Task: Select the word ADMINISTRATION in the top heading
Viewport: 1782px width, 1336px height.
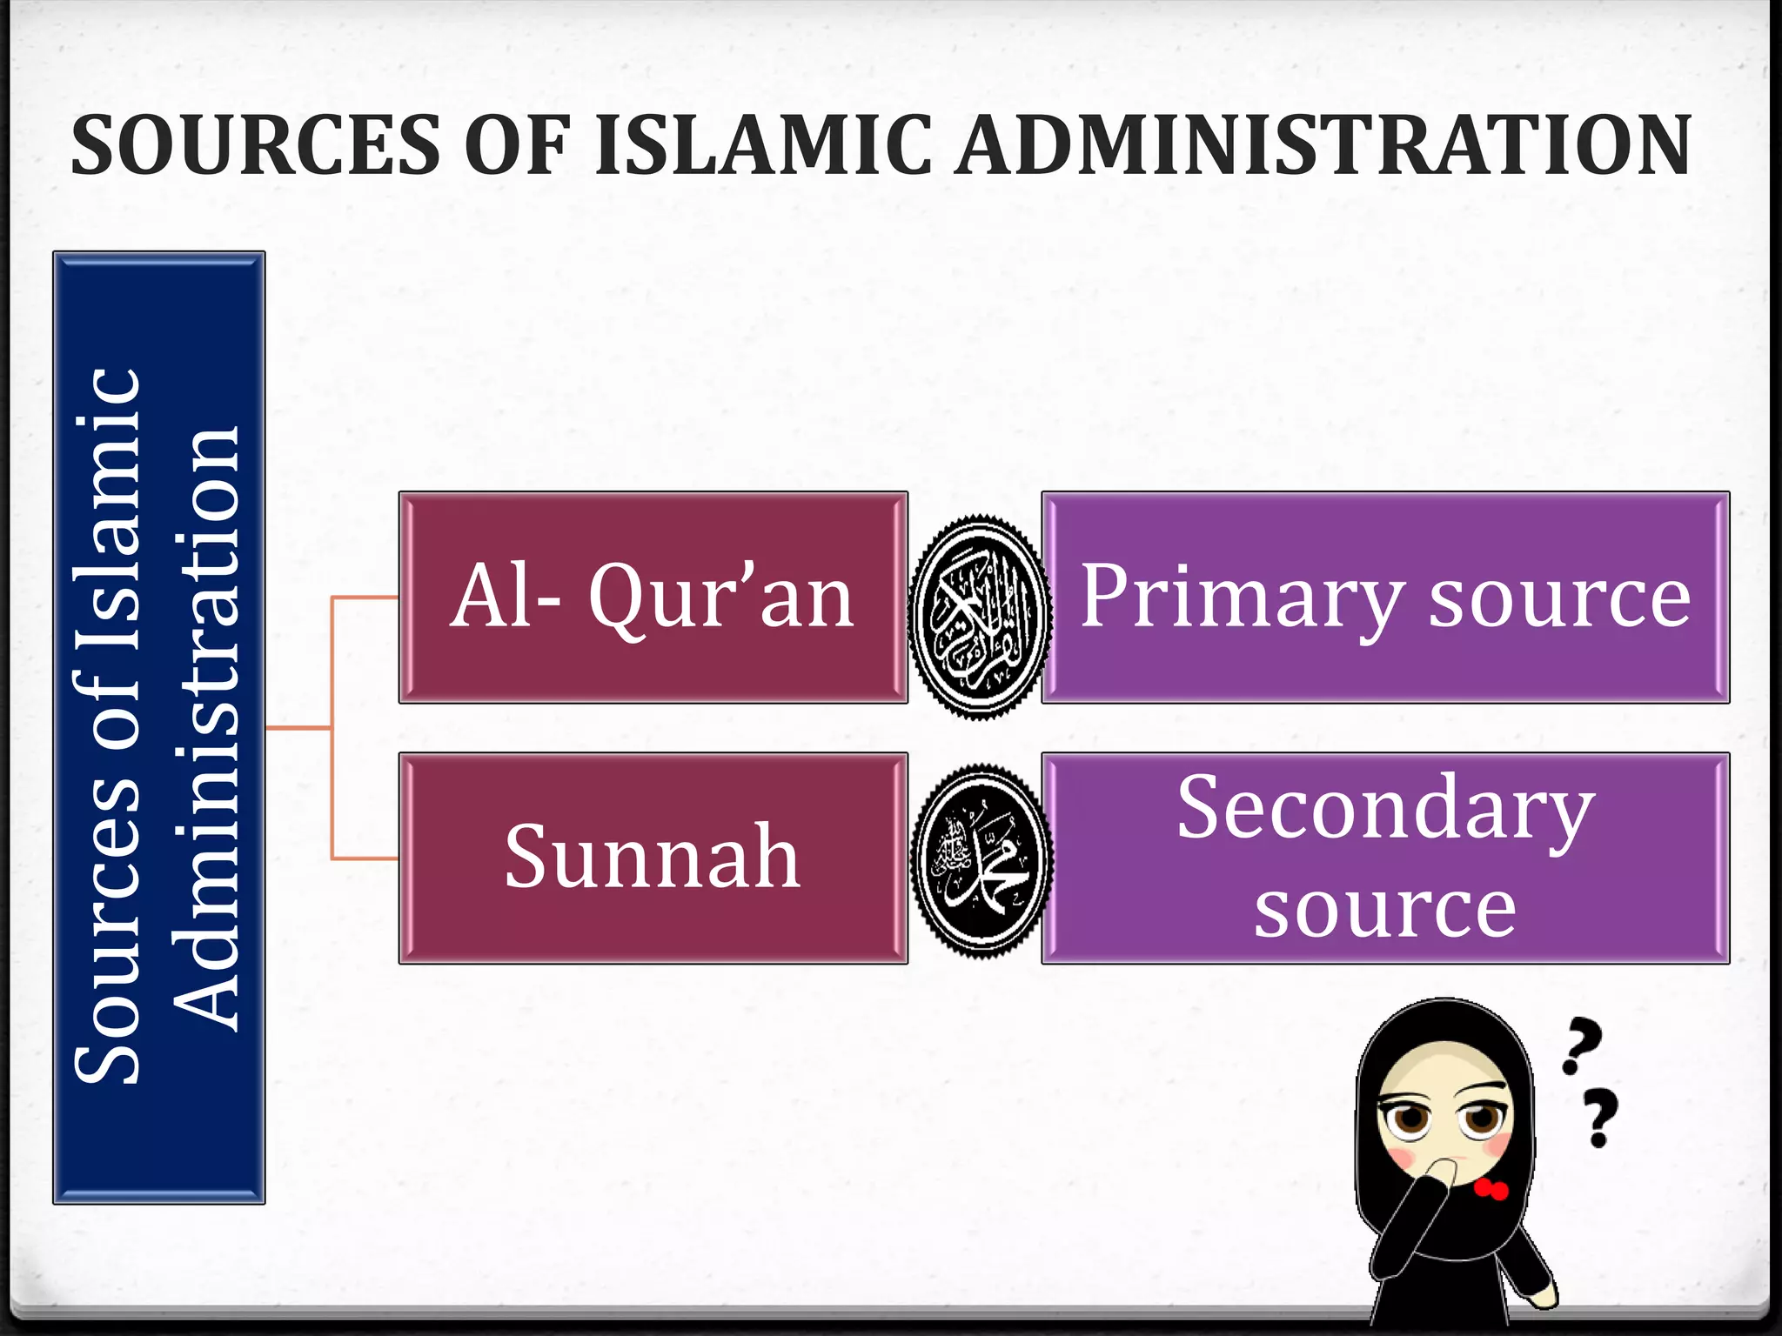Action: coord(1323,145)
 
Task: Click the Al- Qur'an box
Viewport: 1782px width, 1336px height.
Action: coord(653,598)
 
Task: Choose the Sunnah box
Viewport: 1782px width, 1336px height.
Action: coord(653,858)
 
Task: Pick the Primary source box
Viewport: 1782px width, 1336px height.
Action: coord(1385,598)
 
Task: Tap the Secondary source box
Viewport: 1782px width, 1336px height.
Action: coord(1385,858)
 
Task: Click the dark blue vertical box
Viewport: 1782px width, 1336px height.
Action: coord(159,727)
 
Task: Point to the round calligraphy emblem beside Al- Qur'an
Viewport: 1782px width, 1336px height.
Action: coord(980,616)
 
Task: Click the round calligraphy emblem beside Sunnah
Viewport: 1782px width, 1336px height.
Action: coord(981,860)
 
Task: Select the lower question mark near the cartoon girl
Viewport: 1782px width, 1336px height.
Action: coord(1599,1118)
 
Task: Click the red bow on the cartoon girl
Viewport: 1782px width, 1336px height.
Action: coord(1491,1188)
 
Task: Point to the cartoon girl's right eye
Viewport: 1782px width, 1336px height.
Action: coord(1482,1117)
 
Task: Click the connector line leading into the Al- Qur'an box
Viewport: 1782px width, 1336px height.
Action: coord(365,598)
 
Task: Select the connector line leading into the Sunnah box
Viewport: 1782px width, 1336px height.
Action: coord(365,858)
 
